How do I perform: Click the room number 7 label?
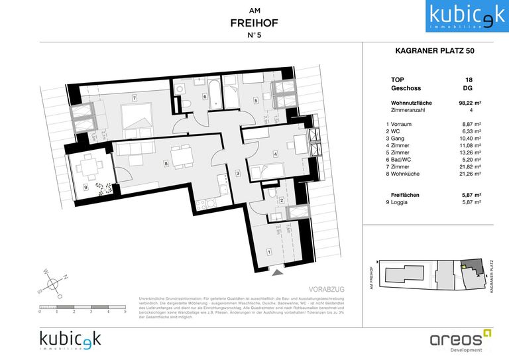[134, 99]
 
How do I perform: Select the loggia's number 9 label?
[85, 187]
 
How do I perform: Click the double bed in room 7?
[140, 117]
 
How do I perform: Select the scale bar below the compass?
[82, 306]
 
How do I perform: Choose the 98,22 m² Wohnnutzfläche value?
[469, 103]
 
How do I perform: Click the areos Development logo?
[457, 339]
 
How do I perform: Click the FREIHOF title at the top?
[254, 23]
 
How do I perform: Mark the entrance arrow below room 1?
[278, 271]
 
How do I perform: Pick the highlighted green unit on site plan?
[465, 267]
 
